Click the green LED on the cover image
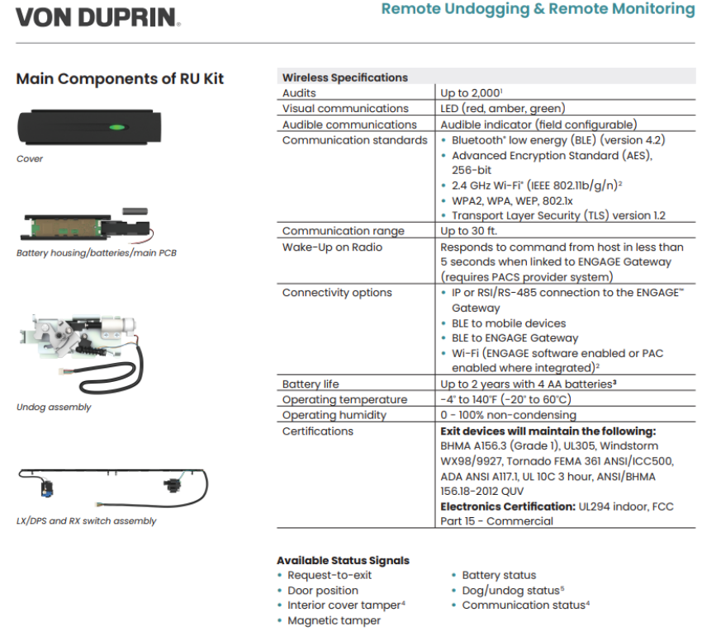click(116, 127)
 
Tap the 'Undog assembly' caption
click(54, 407)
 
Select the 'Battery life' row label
click(311, 384)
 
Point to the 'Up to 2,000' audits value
click(472, 93)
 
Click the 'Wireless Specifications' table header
click(344, 78)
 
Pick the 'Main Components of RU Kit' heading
click(120, 79)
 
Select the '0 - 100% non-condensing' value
click(508, 415)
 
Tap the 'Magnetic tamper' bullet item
click(334, 620)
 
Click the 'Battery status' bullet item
click(498, 575)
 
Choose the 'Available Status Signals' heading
click(343, 560)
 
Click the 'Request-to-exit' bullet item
click(330, 575)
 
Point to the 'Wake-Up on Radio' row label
click(332, 247)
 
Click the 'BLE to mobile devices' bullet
click(508, 323)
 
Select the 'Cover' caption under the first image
click(30, 158)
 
